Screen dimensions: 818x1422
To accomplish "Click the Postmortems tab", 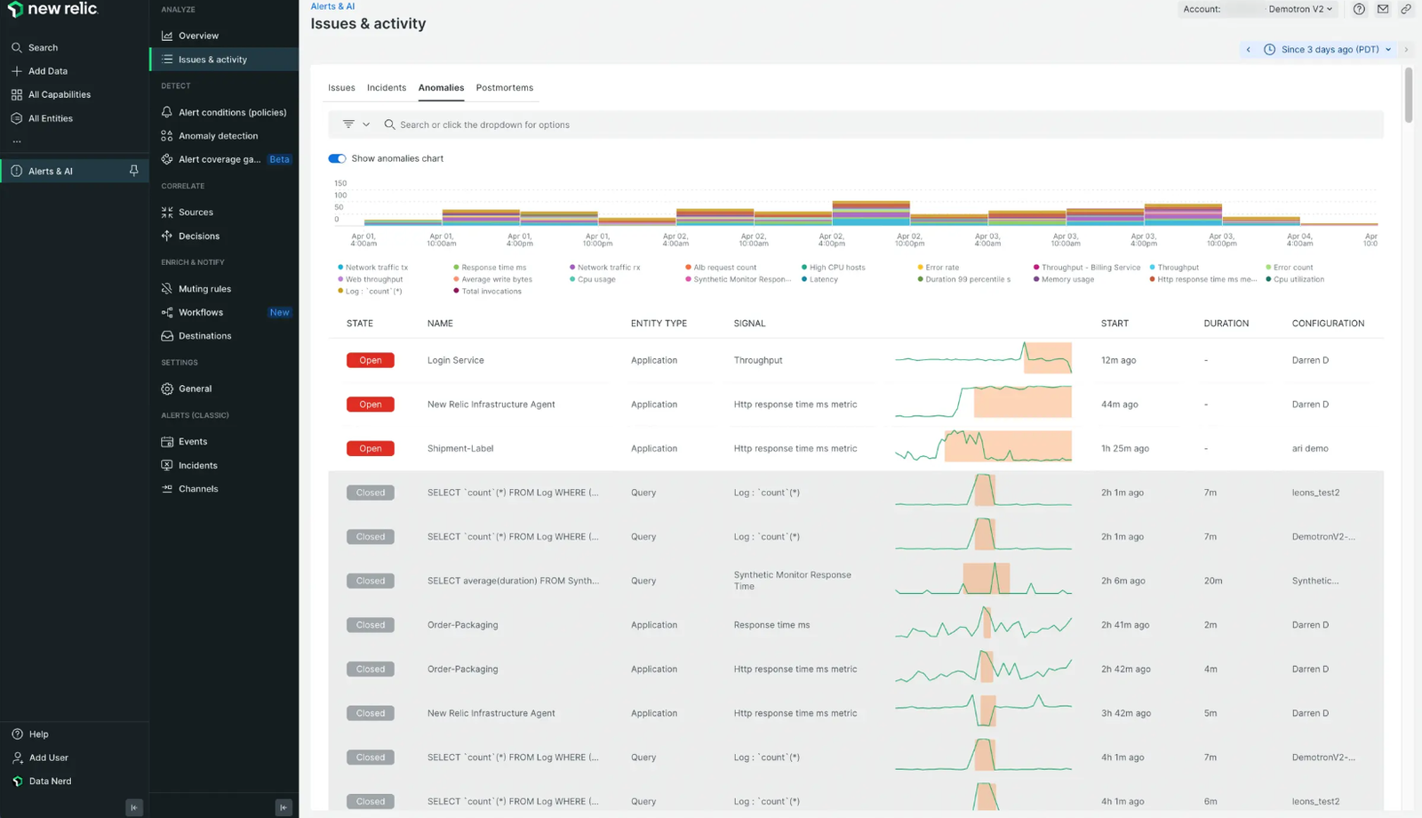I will pyautogui.click(x=504, y=87).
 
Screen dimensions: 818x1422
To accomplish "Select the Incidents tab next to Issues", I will pyautogui.click(x=386, y=87).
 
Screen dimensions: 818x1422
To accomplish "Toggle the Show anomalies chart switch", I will pyautogui.click(x=337, y=158).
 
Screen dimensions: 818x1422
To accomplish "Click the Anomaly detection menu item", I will pyautogui.click(x=218, y=136).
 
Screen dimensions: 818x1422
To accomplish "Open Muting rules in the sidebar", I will pyautogui.click(x=204, y=289).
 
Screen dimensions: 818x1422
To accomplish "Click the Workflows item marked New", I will pyautogui.click(x=201, y=312).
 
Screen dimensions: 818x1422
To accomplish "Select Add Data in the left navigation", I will pyautogui.click(x=47, y=71).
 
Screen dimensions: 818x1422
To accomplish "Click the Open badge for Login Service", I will pyautogui.click(x=370, y=360).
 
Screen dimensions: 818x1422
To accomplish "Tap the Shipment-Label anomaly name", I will pyautogui.click(x=459, y=448).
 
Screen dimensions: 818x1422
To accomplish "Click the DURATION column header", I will pyautogui.click(x=1226, y=324).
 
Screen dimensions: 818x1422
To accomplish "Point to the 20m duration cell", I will pyautogui.click(x=1212, y=581).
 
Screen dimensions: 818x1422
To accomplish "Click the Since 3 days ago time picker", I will pyautogui.click(x=1329, y=50).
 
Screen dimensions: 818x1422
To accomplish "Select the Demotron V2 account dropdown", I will pyautogui.click(x=1300, y=9).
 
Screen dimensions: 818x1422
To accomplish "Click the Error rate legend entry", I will pyautogui.click(x=941, y=268).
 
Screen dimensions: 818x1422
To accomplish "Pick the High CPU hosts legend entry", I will pyautogui.click(x=836, y=268).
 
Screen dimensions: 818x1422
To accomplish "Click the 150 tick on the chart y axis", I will pyautogui.click(x=340, y=183).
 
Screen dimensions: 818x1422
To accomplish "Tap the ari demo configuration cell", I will pyautogui.click(x=1309, y=448).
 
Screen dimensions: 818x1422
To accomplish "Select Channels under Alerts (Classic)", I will pyautogui.click(x=197, y=489).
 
